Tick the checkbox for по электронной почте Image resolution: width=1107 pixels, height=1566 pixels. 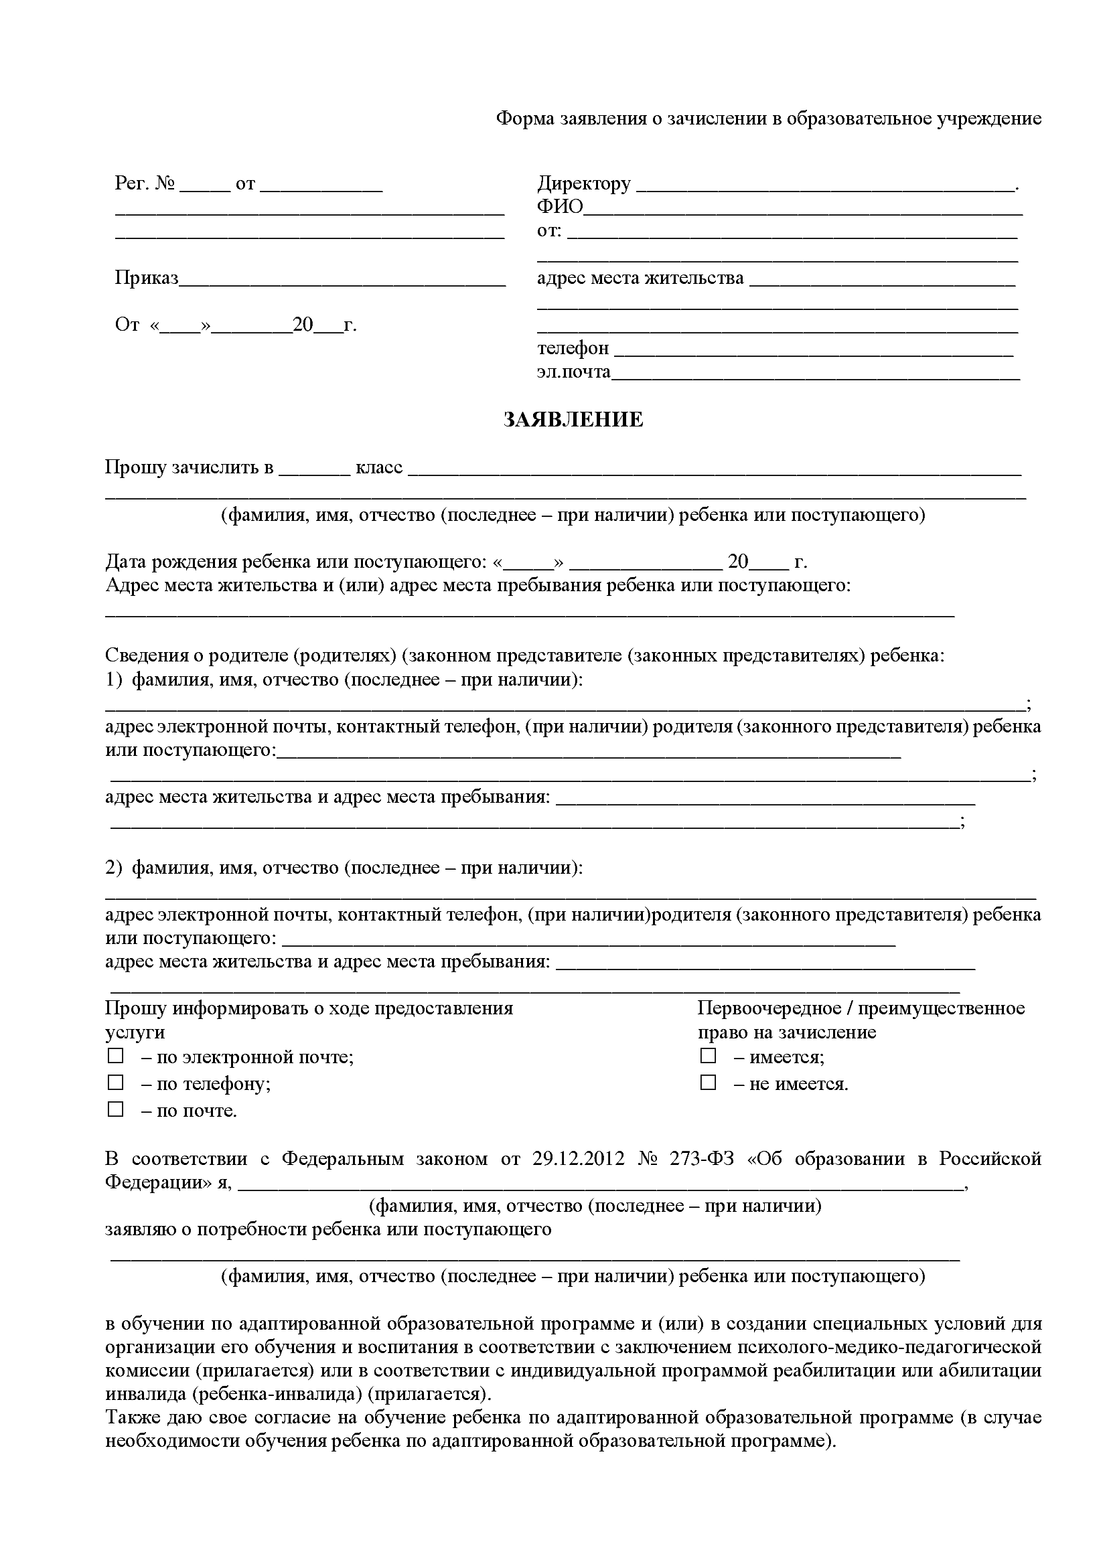(115, 1056)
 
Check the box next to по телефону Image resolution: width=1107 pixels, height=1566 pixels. (115, 1083)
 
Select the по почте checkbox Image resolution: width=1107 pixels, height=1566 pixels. (115, 1109)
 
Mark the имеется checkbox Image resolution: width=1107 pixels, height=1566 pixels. (708, 1056)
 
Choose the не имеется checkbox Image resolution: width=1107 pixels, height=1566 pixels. (708, 1083)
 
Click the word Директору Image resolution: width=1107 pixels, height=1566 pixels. (584, 184)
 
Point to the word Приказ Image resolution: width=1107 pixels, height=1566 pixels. (147, 279)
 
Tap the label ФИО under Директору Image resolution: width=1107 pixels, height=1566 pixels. (560, 208)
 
